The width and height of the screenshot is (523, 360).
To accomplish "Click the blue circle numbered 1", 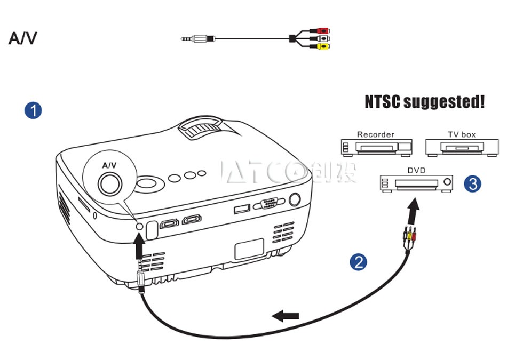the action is point(33,111).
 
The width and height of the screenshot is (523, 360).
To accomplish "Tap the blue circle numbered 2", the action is point(358,262).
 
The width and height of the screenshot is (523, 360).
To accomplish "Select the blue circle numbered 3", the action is point(473,183).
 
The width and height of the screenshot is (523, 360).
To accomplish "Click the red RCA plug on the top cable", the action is point(322,31).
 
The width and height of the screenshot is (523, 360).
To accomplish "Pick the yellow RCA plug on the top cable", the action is point(323,46).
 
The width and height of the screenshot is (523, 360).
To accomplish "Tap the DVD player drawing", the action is point(416,183).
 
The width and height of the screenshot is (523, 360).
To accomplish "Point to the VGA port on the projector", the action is point(269,203).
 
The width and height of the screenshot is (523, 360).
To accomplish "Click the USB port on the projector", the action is point(242,209).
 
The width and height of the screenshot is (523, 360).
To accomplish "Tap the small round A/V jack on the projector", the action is point(140,227).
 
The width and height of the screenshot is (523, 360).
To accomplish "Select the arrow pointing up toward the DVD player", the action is point(413,211).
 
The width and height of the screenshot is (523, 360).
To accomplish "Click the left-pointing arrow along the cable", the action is point(285,315).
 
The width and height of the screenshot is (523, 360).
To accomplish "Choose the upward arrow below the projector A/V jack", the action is point(139,245).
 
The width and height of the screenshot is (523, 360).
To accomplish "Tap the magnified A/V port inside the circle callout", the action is point(110,184).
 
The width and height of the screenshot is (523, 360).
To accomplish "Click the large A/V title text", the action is point(22,38).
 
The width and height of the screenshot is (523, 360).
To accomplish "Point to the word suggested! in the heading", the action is point(444,102).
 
